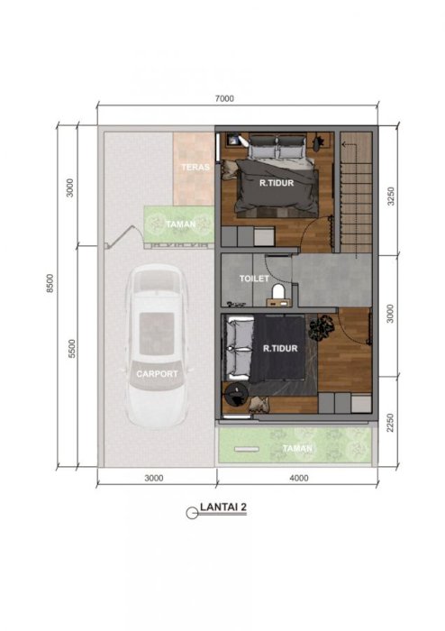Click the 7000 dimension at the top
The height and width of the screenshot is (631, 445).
224,98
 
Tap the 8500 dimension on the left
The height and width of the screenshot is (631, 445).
50,283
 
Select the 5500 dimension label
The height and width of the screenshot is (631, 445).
71,349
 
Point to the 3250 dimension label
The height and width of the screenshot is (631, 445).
390,196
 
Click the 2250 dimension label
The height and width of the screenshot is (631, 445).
389,423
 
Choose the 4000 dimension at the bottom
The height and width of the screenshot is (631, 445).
299,478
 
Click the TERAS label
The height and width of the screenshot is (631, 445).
195,167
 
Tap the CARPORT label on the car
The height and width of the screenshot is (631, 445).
157,374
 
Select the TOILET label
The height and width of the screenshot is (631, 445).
254,278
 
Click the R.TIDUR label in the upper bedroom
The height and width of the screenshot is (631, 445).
277,183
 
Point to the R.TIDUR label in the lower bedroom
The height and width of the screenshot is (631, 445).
280,348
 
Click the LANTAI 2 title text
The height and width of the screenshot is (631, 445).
223,507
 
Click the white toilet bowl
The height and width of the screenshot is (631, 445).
277,292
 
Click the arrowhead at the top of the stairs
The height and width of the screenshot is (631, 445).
344,143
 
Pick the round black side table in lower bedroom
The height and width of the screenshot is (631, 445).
235,394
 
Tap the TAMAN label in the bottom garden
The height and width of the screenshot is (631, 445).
297,448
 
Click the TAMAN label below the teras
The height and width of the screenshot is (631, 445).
181,224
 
